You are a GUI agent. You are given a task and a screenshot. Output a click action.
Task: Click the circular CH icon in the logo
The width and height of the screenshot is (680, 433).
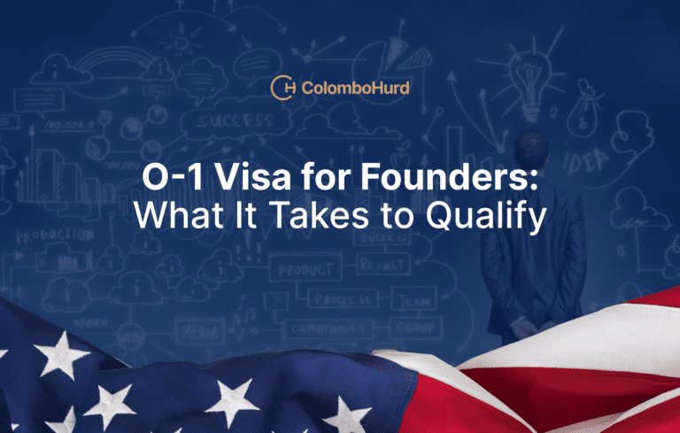[x=284, y=88]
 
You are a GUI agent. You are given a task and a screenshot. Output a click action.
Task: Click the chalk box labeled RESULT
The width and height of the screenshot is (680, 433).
[x=382, y=265]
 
